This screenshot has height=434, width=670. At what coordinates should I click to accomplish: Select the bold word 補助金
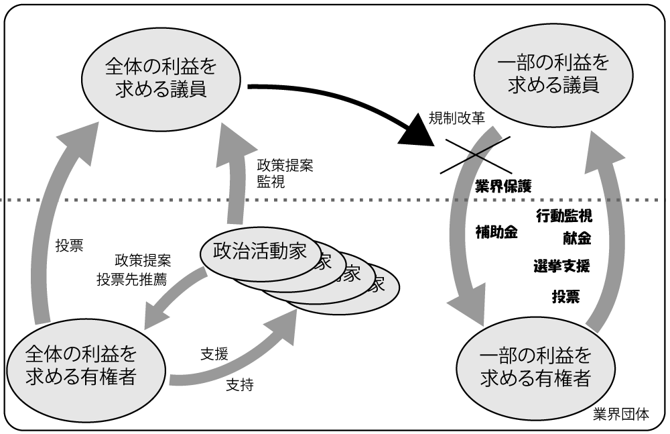pos(496,233)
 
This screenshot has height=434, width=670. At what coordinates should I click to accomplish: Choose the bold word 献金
pos(576,238)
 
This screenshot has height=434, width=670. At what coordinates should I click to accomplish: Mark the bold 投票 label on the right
pos(566,296)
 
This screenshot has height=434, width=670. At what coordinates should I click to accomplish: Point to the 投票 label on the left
pos(69,245)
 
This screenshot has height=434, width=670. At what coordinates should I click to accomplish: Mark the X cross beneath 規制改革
pos(474,154)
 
